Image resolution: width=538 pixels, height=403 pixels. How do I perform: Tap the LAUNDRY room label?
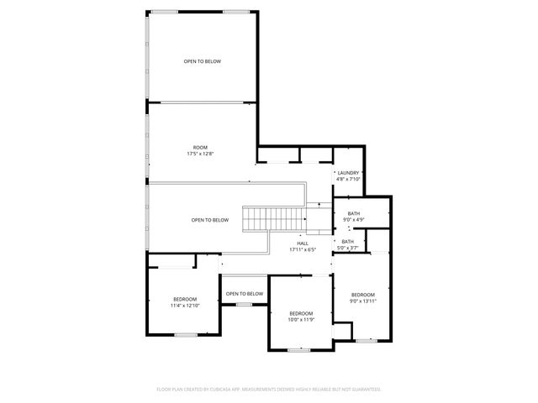(347, 173)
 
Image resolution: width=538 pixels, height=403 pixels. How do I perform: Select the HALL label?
(303, 243)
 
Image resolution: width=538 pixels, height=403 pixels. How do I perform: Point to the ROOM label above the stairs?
(200, 148)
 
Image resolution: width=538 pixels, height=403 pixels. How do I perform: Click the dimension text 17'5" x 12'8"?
(201, 154)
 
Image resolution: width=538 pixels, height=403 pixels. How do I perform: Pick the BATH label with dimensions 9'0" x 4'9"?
(354, 214)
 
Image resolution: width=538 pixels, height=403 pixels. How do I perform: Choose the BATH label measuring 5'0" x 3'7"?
(347, 242)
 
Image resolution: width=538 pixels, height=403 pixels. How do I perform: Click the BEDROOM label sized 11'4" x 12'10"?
(185, 300)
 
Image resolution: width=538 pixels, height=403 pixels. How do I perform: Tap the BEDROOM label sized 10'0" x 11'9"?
(300, 314)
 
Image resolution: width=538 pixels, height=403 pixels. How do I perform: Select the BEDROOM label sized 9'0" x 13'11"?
(363, 295)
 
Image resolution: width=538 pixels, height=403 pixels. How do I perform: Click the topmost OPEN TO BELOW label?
(203, 61)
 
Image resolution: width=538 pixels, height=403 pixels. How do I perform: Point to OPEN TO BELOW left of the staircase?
(209, 220)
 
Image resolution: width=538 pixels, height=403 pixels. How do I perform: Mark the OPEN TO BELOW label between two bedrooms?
(244, 293)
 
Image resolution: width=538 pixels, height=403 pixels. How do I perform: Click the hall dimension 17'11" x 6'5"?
(303, 249)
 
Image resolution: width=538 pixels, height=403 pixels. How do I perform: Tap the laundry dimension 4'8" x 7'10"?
(347, 179)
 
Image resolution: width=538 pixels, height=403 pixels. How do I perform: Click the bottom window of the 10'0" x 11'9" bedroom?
(298, 349)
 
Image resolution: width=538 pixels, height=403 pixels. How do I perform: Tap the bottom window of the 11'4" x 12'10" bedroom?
(186, 335)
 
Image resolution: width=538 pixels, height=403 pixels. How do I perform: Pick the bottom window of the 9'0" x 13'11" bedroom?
(364, 340)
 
